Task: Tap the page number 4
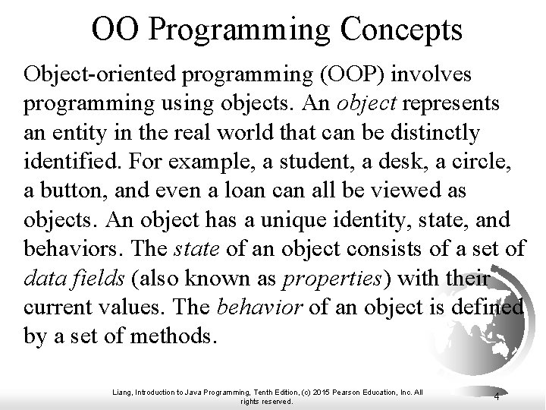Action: click(495, 396)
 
